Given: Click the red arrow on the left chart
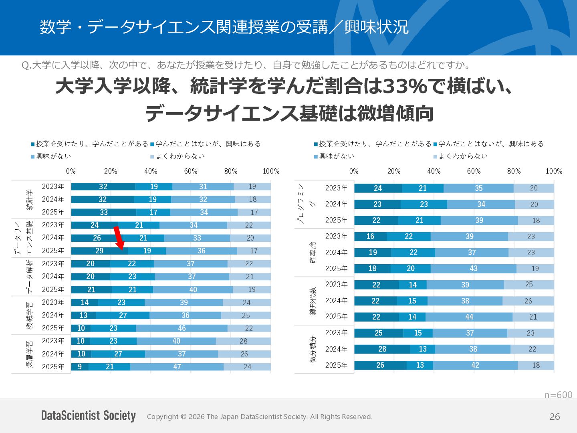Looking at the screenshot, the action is click(119, 238).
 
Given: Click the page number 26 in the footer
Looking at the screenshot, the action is click(555, 417).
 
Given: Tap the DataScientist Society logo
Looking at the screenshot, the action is click(88, 416).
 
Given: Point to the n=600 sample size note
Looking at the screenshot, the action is click(558, 395).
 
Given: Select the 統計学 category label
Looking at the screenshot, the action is click(30, 199).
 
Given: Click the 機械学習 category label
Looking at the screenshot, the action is click(30, 315).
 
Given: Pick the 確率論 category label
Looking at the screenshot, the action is click(313, 253).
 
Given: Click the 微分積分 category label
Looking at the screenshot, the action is click(313, 349).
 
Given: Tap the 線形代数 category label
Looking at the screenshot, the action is click(313, 301).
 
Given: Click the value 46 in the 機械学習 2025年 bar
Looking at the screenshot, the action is click(182, 328).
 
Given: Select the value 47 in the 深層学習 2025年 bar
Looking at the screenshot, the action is click(177, 367).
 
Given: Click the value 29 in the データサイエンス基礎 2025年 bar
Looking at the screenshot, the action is click(99, 251).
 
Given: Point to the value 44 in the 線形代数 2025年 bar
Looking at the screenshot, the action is click(469, 317).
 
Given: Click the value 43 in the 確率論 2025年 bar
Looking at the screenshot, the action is click(474, 269).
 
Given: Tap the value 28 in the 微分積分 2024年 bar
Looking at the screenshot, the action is click(382, 349).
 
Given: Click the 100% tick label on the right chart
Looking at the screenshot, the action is click(554, 171).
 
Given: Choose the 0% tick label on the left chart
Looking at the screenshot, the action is click(71, 171).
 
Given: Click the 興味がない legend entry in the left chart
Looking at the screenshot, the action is click(51, 156).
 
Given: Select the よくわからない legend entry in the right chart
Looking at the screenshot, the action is click(460, 156).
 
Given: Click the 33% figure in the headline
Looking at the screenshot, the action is click(405, 86).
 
